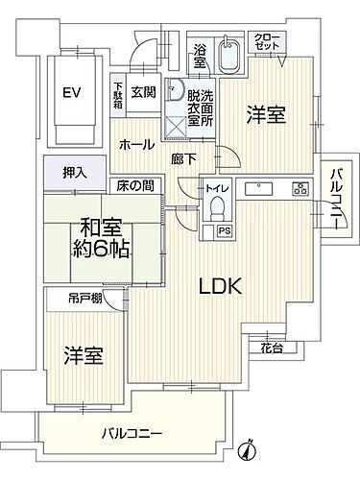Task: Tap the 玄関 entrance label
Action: point(143,92)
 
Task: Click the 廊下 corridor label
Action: point(185,157)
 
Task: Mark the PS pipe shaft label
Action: point(224,230)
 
